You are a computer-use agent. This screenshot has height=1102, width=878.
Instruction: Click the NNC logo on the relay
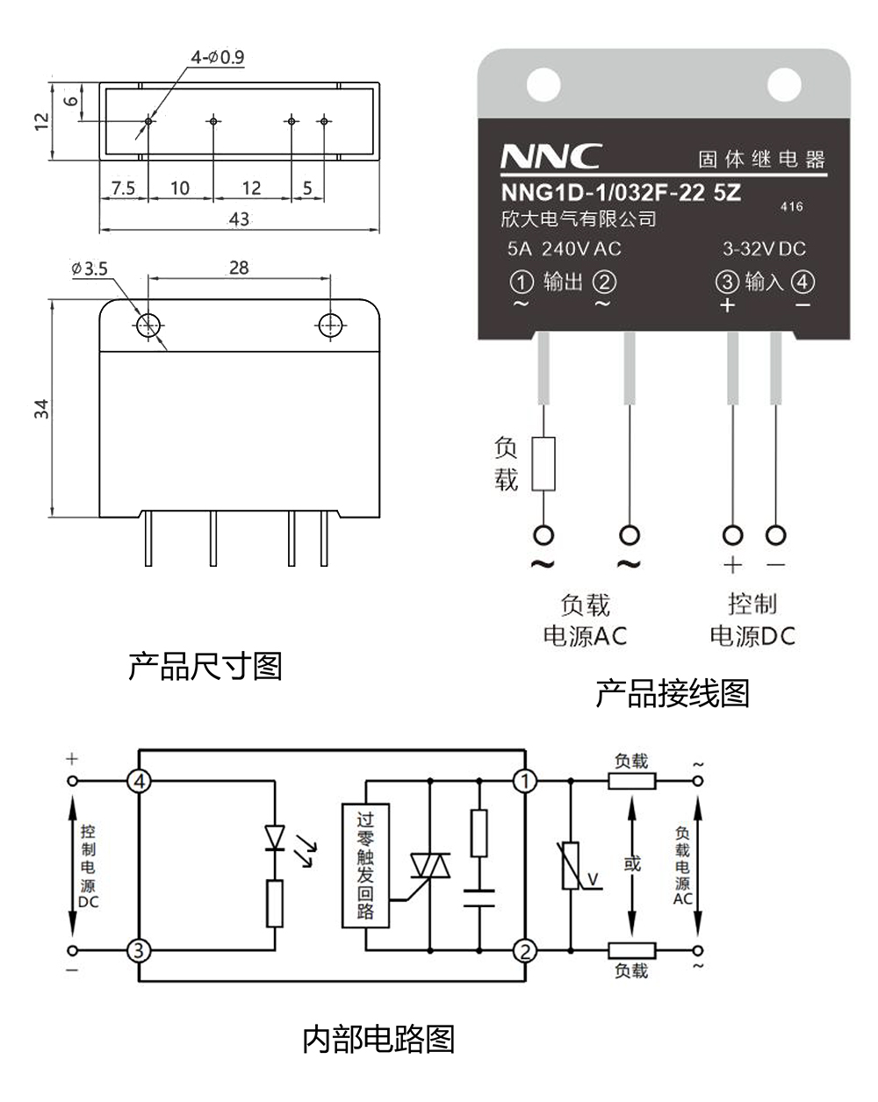click(551, 157)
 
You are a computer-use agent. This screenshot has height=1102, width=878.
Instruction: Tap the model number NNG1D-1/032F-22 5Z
click(621, 191)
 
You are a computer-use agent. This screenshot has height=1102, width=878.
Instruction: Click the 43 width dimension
click(239, 219)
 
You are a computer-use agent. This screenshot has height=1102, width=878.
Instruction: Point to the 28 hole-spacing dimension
click(239, 267)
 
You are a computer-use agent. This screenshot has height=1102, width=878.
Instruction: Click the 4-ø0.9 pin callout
click(218, 58)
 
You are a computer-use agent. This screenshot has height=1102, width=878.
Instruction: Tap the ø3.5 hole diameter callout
click(90, 268)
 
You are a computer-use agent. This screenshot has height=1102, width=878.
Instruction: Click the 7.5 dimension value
click(122, 188)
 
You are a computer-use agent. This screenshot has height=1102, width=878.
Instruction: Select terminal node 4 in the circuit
click(139, 781)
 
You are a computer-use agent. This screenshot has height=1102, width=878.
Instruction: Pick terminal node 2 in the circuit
click(525, 950)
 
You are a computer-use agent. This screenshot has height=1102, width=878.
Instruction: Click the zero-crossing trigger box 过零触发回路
click(365, 864)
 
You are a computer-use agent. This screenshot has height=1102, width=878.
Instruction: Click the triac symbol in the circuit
click(430, 867)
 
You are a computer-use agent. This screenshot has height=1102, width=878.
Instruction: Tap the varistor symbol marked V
click(572, 866)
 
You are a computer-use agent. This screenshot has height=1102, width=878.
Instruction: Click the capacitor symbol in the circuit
click(479, 897)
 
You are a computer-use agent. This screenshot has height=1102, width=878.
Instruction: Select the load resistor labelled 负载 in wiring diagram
click(544, 462)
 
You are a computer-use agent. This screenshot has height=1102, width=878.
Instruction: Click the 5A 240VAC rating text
click(564, 249)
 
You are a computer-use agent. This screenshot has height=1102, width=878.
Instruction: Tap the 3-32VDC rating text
click(763, 249)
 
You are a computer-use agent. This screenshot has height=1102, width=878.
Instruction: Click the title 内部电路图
click(378, 1039)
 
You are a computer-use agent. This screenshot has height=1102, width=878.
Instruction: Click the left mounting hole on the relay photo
click(543, 85)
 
